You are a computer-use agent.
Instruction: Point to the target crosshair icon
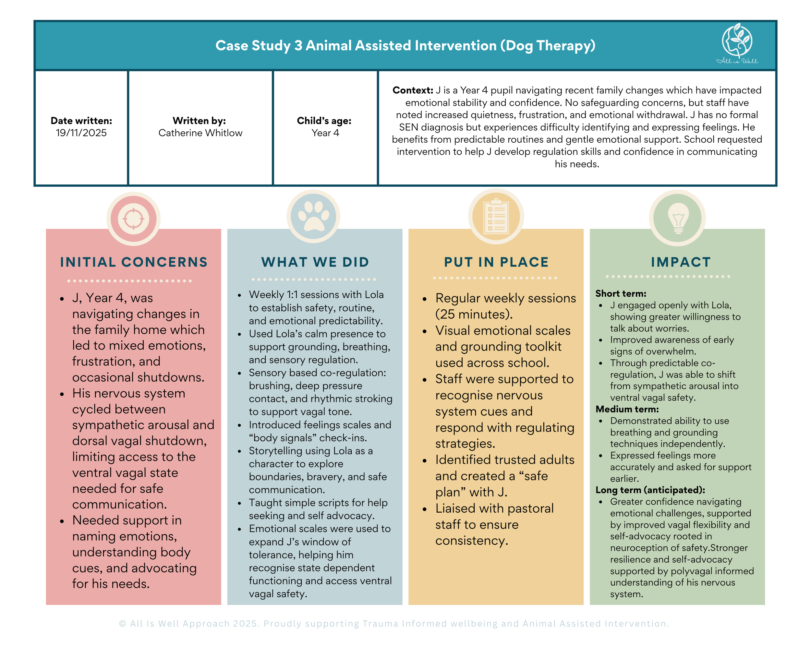click(x=133, y=219)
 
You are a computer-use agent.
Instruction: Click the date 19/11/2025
click(x=81, y=133)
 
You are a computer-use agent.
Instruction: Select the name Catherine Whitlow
click(x=200, y=133)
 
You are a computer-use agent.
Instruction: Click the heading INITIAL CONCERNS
click(x=134, y=262)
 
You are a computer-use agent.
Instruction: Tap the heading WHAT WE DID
click(x=315, y=262)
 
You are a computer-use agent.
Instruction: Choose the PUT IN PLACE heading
click(x=496, y=262)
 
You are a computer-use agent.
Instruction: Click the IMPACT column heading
click(x=680, y=262)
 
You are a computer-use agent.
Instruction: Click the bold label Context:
click(x=413, y=90)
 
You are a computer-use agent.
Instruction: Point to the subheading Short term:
click(x=621, y=293)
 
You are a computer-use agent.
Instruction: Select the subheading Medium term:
click(x=627, y=409)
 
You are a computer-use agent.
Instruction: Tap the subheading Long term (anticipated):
click(x=650, y=490)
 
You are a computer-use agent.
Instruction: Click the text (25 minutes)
click(x=474, y=314)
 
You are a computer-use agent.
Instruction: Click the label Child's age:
click(x=324, y=121)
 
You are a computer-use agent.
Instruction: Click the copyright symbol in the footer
click(x=122, y=624)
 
